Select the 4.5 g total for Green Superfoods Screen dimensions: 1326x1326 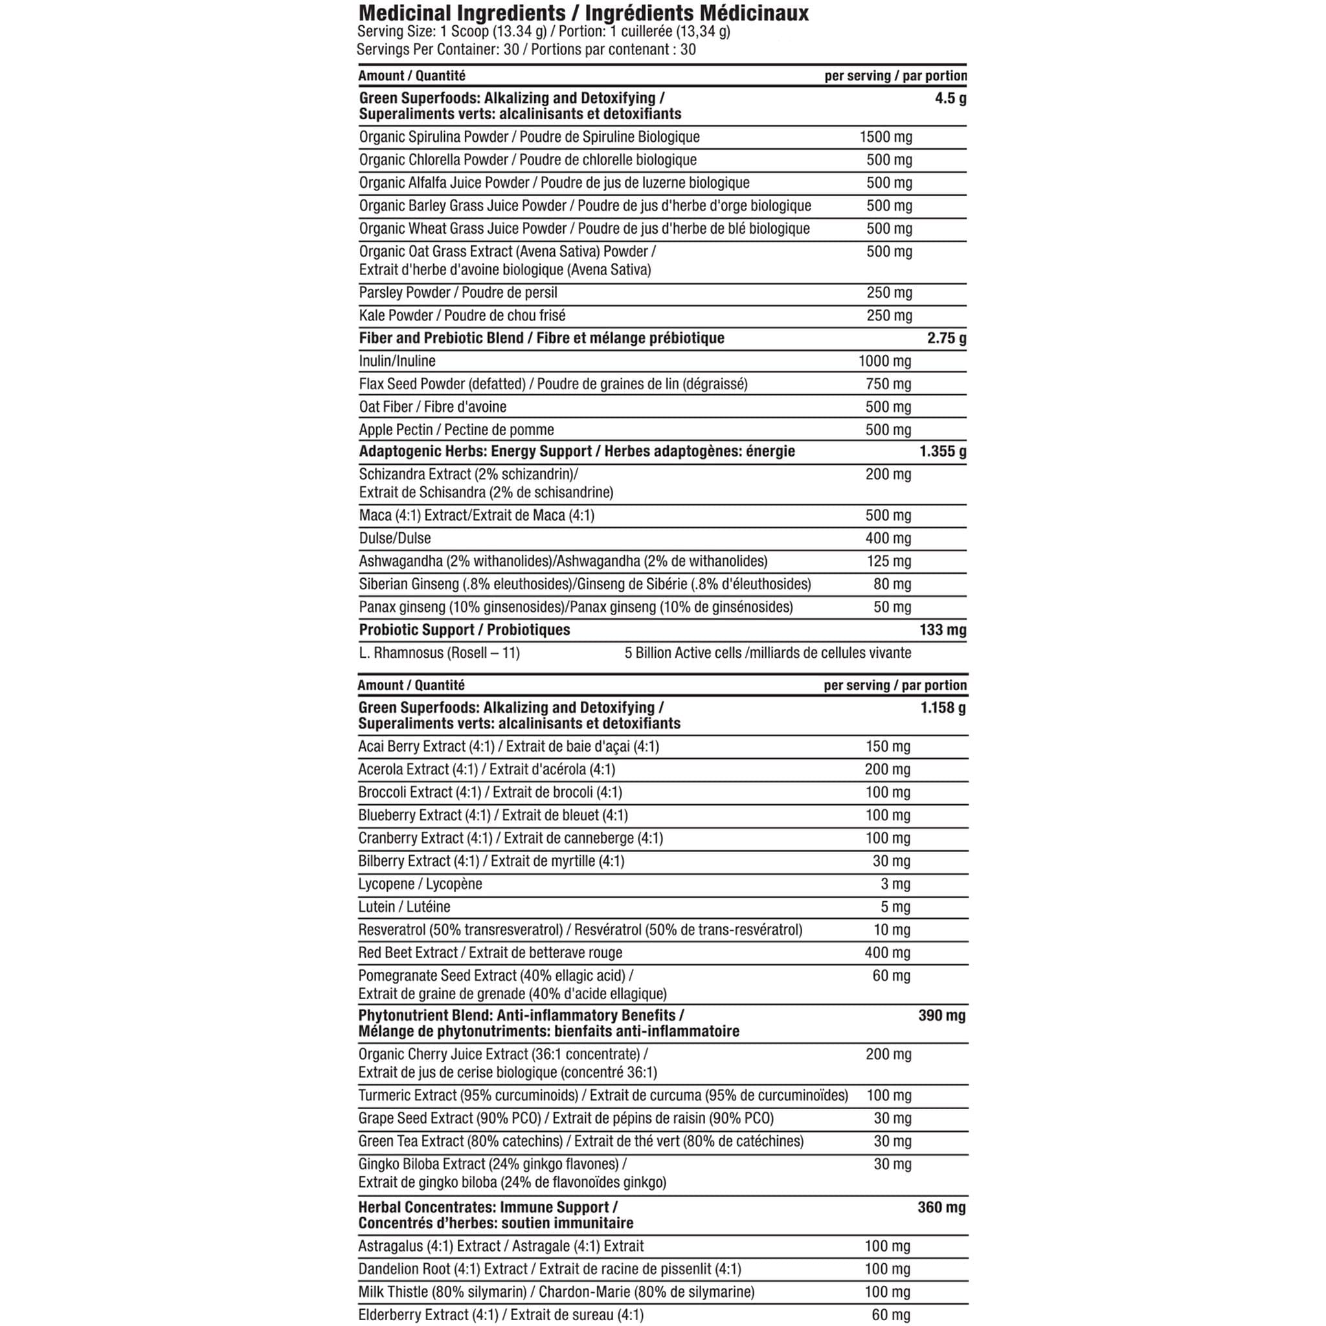[x=950, y=98]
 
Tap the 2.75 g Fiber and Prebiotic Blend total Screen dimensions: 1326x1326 [x=947, y=339]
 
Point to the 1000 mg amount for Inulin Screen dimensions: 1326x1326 [x=884, y=361]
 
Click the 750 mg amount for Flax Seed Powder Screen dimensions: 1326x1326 [x=888, y=385]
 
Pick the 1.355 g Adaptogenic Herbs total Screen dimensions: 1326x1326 [x=943, y=452]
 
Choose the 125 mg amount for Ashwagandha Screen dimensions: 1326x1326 [x=888, y=561]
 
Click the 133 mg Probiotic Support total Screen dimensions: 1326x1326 [x=942, y=630]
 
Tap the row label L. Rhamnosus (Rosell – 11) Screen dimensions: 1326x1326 [x=439, y=653]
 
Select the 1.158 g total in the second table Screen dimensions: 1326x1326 [x=943, y=708]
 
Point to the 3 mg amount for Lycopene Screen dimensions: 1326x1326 [x=895, y=884]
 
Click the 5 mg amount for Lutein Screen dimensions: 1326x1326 [x=895, y=907]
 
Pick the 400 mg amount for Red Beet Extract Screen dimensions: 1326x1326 [x=888, y=952]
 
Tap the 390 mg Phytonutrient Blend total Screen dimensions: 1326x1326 [x=941, y=1016]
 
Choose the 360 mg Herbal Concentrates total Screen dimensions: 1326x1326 [x=941, y=1208]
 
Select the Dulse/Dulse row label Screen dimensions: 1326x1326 [x=395, y=539]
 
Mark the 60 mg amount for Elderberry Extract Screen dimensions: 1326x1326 [x=891, y=1315]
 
